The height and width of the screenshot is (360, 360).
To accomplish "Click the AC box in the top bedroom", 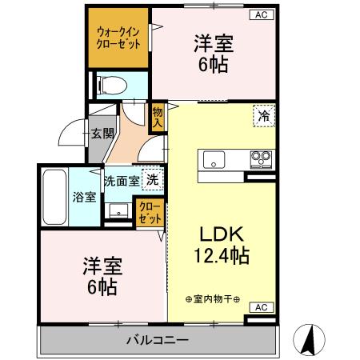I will (260, 14).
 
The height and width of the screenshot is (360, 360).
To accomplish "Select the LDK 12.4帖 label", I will (220, 246).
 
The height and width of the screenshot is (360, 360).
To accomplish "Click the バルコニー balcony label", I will (158, 340).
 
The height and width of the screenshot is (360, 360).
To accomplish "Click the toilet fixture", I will (111, 84).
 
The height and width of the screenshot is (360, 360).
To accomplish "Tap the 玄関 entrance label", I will (100, 134).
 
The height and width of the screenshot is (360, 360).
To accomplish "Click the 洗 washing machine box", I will (151, 179).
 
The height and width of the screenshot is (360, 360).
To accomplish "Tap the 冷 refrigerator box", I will (263, 117).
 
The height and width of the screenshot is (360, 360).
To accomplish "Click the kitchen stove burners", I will (261, 157).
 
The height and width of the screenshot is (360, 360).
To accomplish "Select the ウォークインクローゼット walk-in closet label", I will (118, 38).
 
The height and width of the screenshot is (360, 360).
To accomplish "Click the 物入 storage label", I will (158, 117).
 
